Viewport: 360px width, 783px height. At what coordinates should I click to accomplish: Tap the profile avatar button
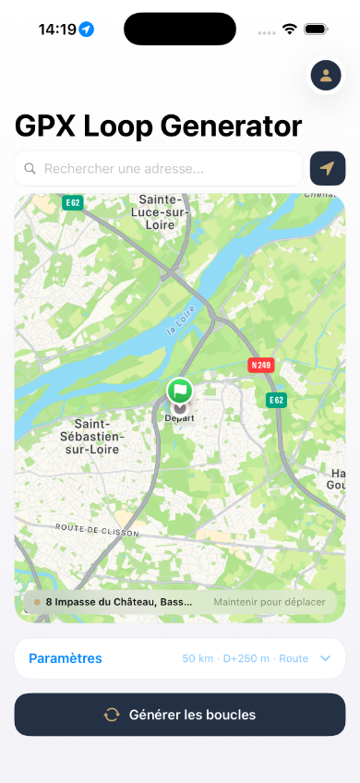[x=325, y=76]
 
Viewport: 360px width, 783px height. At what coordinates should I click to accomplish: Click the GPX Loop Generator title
[x=158, y=126]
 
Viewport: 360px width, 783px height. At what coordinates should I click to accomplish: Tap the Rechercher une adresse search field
[x=166, y=169]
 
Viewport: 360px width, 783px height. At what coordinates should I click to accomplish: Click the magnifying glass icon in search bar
[x=30, y=169]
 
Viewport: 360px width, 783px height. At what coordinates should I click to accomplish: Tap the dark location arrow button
[x=328, y=169]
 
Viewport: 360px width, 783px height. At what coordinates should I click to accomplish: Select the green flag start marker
[x=180, y=391]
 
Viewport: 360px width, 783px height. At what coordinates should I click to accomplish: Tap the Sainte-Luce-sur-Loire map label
[x=163, y=211]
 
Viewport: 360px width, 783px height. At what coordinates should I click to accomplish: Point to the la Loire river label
[x=183, y=319]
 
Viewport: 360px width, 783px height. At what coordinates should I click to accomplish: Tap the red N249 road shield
[x=261, y=365]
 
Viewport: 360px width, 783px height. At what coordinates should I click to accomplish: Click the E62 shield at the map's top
[x=73, y=201]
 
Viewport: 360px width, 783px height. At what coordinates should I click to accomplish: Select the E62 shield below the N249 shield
[x=275, y=400]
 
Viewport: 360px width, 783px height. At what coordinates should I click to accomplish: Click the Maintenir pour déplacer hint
[x=269, y=602]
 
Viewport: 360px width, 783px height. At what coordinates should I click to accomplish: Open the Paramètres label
[x=66, y=658]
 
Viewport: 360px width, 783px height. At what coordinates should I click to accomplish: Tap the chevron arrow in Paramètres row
[x=325, y=658]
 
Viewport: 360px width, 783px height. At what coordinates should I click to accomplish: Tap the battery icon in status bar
[x=316, y=30]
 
